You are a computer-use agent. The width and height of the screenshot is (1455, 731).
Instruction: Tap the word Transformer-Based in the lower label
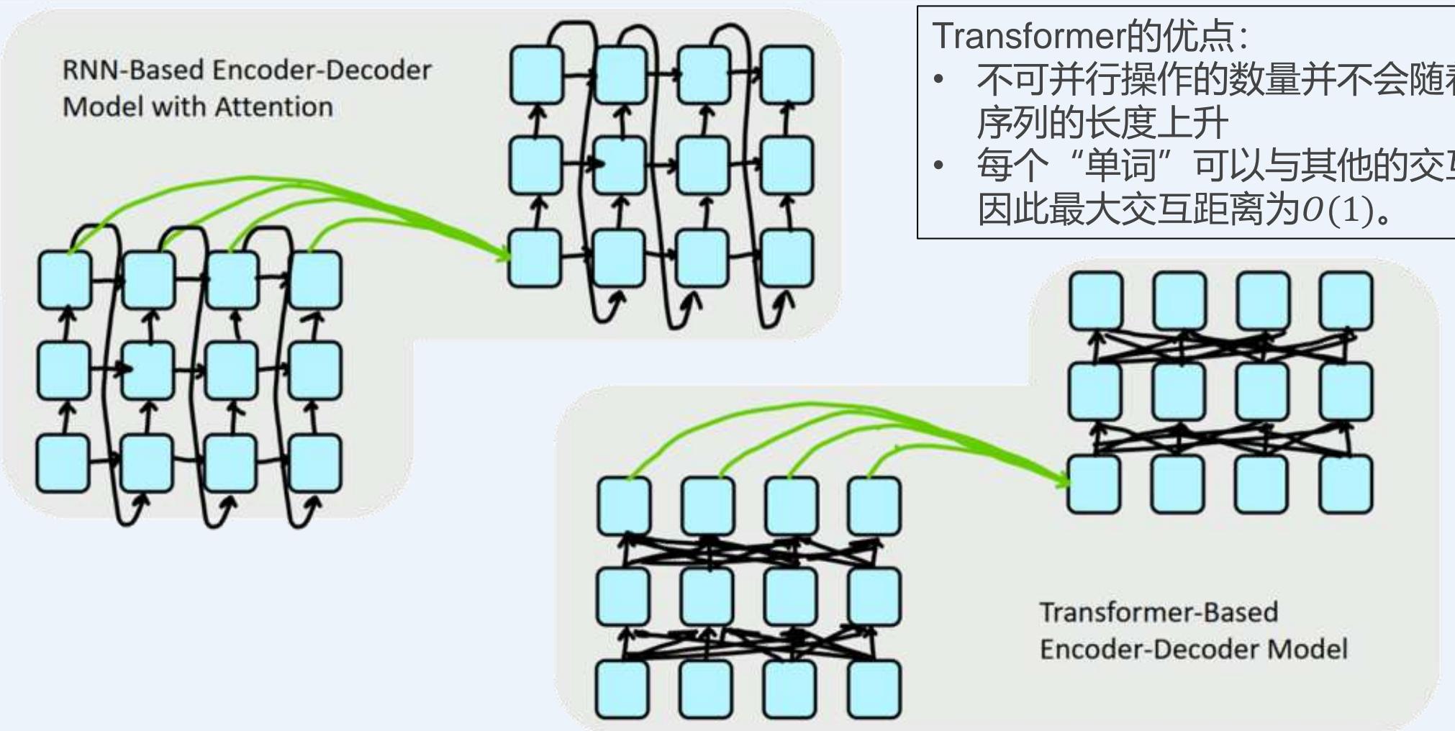click(1158, 612)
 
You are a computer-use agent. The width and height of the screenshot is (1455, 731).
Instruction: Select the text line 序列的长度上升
click(1102, 124)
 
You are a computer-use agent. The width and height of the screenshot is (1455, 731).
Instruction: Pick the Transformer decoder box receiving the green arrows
click(1094, 483)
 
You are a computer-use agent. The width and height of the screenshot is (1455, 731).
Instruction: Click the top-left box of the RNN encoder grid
click(65, 279)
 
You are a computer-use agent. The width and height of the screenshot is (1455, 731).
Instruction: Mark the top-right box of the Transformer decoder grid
click(1345, 300)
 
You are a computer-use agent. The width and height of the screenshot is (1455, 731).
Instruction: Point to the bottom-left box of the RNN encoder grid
click(63, 463)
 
